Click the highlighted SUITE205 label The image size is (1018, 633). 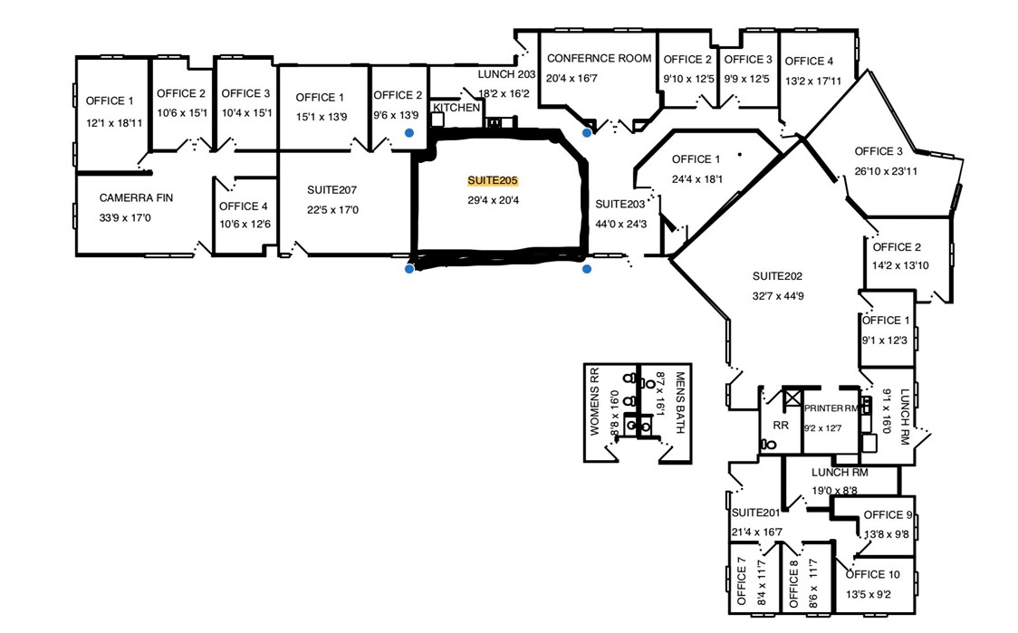coord(493,181)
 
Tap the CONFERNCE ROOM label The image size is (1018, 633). coord(599,59)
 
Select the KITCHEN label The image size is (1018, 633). coord(456,108)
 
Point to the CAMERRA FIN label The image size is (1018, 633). coord(136,198)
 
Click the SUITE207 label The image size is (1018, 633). coord(331,190)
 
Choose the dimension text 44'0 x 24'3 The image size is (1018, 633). coord(620,224)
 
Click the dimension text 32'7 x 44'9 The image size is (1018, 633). coord(778,295)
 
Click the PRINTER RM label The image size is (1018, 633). coord(831,408)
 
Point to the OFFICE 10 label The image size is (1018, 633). coord(873,574)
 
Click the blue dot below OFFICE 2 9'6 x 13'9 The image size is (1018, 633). coord(409,132)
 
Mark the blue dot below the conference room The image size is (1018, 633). coord(587,133)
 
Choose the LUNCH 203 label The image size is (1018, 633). coord(508,74)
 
